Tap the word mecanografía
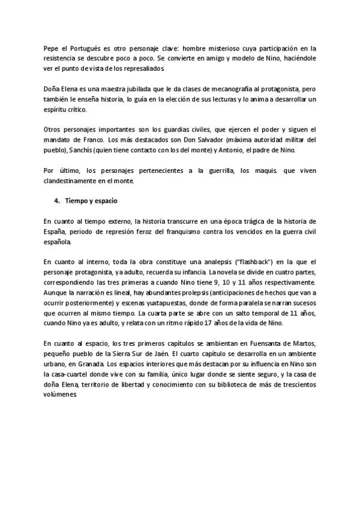point(190,88)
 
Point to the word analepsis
point(196,262)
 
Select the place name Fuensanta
point(267,344)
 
